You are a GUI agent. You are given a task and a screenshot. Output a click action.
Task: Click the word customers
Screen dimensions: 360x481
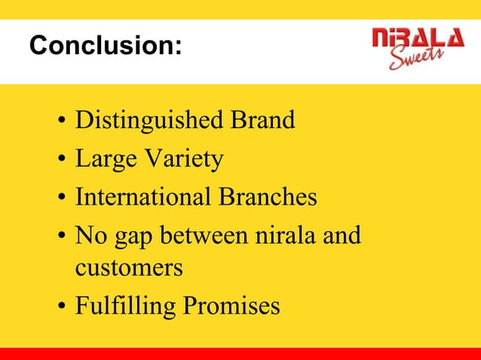click(128, 268)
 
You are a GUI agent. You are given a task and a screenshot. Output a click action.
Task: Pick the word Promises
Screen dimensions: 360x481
click(229, 307)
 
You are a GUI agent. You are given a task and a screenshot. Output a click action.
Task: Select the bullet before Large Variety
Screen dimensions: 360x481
click(60, 160)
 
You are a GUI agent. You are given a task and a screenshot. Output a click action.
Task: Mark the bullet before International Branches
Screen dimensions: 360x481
click(60, 198)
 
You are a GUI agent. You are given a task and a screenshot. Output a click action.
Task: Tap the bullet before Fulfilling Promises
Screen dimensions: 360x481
click(60, 307)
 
